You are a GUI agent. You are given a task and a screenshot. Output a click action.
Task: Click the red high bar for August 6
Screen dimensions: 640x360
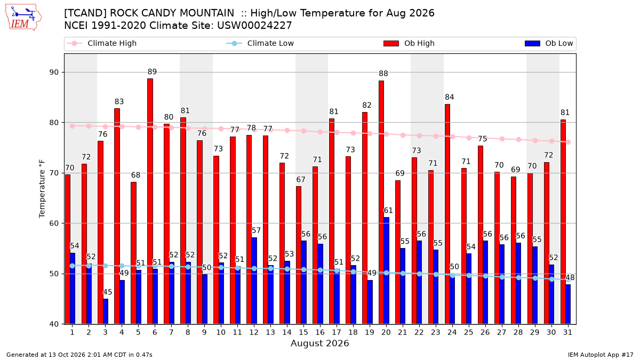click(150, 202)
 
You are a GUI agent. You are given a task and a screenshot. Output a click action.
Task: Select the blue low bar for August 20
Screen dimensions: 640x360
click(386, 271)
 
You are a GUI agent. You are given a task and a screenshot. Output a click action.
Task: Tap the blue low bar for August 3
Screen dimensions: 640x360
click(106, 311)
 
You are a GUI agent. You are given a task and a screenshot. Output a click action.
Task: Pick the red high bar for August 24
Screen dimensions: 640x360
click(447, 214)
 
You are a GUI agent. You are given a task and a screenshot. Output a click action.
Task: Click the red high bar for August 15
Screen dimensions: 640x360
click(299, 255)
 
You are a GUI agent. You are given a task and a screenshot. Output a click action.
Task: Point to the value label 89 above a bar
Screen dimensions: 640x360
click(153, 71)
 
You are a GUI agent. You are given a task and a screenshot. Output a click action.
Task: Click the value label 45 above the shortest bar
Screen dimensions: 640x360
click(107, 292)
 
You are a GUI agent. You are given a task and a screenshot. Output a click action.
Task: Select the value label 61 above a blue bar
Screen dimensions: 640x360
click(388, 211)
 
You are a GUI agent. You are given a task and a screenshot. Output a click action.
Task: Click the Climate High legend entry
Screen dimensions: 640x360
click(102, 43)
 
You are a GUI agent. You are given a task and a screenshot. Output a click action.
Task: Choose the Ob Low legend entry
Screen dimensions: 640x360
click(549, 43)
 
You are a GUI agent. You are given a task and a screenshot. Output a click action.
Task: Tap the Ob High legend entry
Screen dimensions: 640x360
click(409, 43)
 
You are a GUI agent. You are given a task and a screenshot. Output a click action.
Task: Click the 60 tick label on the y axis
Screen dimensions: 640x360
click(54, 223)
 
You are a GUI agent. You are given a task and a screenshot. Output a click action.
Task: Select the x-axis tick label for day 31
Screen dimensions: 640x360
click(567, 332)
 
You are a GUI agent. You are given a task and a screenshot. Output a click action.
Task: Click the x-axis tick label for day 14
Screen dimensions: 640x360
click(287, 332)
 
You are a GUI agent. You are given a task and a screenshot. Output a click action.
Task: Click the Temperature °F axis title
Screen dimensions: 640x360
click(42, 189)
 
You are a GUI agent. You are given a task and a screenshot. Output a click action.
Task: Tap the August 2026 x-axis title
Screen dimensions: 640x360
click(319, 343)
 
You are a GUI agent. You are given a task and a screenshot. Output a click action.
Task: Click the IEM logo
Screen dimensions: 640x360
click(23, 18)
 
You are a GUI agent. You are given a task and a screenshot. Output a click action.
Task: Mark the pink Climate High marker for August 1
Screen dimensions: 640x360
click(73, 126)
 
